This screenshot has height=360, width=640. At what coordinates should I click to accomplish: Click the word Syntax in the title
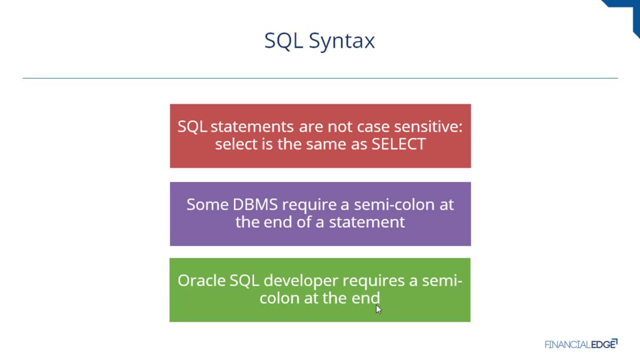pyautogui.click(x=342, y=41)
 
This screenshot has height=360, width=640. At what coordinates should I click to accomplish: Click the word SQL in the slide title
pyautogui.click(x=283, y=41)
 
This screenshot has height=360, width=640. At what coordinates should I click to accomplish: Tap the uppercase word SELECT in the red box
pyautogui.click(x=398, y=144)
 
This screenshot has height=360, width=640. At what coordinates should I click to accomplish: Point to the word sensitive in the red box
pyautogui.click(x=428, y=126)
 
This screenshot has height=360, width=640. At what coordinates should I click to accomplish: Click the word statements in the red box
pyautogui.click(x=252, y=126)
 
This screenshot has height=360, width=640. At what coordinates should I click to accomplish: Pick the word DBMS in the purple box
pyautogui.click(x=255, y=205)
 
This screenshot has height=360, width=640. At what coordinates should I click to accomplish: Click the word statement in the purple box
pyautogui.click(x=367, y=222)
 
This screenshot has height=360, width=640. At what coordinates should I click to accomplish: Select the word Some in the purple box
pyautogui.click(x=207, y=205)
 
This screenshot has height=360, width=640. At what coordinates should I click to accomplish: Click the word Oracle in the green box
pyautogui.click(x=202, y=281)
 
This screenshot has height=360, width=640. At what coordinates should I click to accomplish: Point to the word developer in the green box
pyautogui.click(x=301, y=281)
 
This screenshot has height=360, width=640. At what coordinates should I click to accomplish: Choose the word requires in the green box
pyautogui.click(x=374, y=281)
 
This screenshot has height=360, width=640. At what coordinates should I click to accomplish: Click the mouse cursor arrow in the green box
pyautogui.click(x=379, y=309)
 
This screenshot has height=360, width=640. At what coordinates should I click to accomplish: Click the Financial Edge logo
pyautogui.click(x=581, y=344)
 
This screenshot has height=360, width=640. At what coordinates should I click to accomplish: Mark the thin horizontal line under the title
pyautogui.click(x=321, y=78)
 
